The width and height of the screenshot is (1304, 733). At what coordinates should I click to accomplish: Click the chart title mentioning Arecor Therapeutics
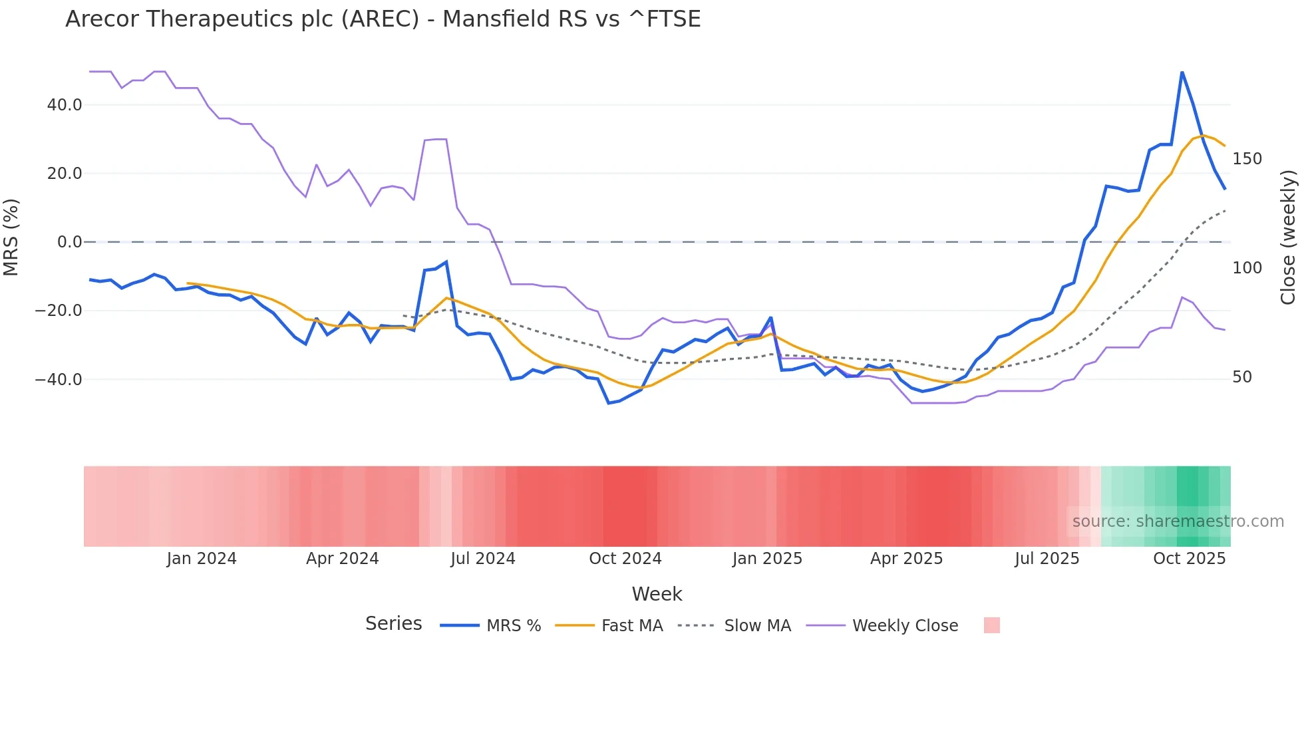383,19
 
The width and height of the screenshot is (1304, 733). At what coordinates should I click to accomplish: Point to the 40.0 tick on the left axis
65,105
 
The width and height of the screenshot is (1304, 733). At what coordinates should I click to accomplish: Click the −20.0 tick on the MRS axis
59,311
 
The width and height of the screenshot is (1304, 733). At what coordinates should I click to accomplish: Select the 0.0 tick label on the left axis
69,242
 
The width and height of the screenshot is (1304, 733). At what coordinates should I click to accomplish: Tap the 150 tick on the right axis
1247,159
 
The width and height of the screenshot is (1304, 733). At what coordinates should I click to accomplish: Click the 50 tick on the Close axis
1242,377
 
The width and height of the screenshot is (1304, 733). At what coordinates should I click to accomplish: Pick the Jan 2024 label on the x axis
202,559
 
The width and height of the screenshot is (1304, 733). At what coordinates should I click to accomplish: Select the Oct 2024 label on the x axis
625,559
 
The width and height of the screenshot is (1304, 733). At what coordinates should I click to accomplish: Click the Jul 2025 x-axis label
1047,559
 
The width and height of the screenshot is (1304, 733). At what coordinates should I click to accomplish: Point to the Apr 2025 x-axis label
906,559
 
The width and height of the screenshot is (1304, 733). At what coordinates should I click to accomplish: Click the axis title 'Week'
657,594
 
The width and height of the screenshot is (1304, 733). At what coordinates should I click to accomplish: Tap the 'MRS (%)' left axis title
11,237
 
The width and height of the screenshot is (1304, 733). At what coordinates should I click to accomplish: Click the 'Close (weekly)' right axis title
1288,237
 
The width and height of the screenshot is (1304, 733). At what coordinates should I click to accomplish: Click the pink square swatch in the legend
991,625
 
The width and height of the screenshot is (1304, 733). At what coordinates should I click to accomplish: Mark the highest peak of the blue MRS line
1182,72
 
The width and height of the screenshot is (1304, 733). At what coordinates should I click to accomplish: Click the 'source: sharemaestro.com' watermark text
1178,521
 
